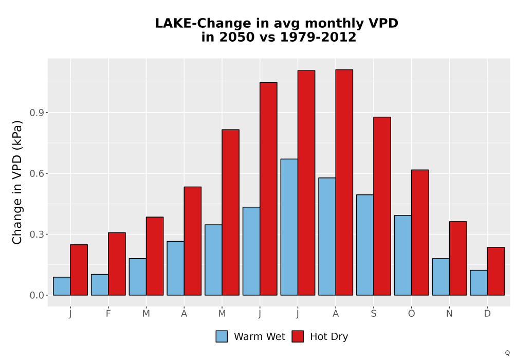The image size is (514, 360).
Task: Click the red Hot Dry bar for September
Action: click(382, 206)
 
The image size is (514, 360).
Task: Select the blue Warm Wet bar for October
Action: click(403, 255)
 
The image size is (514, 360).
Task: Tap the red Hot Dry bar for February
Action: click(117, 264)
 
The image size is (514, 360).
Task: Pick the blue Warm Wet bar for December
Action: click(479, 283)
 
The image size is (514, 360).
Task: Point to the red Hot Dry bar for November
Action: click(458, 258)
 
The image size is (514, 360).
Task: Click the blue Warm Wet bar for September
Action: click(365, 245)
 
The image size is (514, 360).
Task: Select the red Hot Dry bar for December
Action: click(495, 271)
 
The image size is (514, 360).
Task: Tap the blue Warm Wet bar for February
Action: click(100, 284)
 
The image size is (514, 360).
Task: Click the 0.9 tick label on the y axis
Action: click(36, 113)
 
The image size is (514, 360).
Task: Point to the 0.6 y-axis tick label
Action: click(36, 173)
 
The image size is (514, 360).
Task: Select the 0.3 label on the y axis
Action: click(36, 235)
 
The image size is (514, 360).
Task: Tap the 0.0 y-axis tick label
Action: click(36, 295)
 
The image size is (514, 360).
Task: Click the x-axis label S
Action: click(373, 314)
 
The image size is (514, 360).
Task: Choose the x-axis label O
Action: click(411, 314)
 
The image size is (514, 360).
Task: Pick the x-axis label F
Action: click(108, 314)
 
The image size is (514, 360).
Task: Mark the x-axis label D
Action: click(487, 314)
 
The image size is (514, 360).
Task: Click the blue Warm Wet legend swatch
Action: click(222, 336)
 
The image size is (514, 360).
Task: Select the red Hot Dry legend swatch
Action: click(298, 336)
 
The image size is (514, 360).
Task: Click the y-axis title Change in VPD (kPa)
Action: click(17, 183)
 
